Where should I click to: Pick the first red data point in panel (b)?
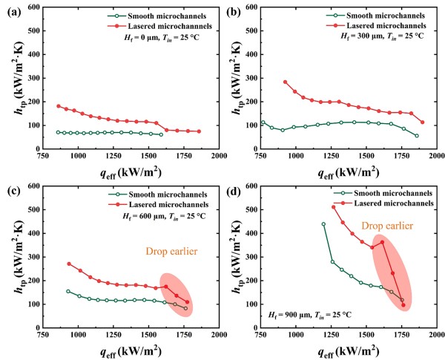285,82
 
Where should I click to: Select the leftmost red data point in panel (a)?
59,106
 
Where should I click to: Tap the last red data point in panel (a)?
199,131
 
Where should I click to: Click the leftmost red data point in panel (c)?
69,264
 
